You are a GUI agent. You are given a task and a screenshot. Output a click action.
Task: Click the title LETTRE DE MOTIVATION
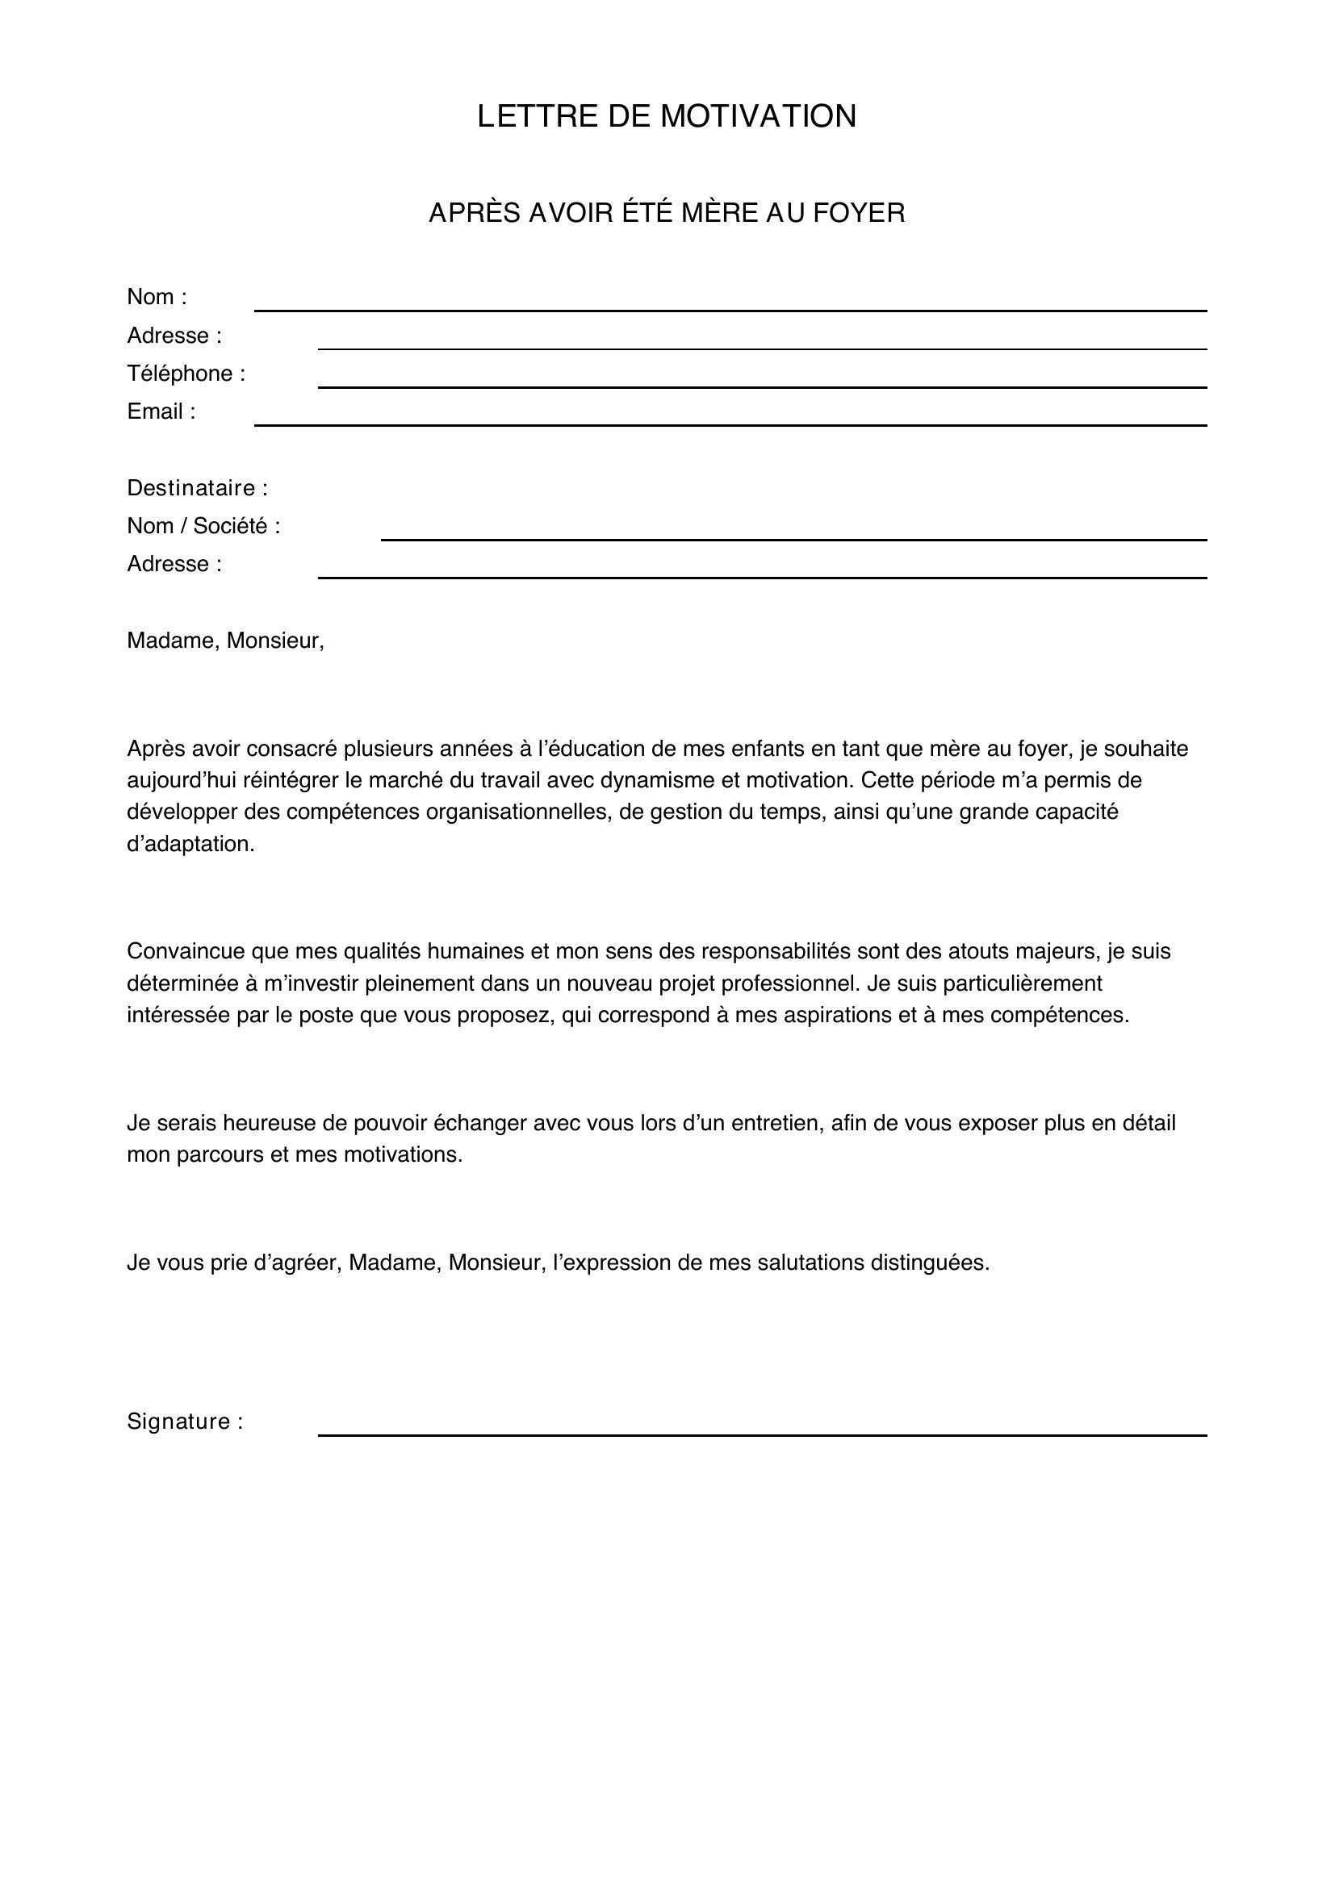pyautogui.click(x=667, y=117)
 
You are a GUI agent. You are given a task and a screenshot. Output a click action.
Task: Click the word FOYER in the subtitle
pyautogui.click(x=858, y=213)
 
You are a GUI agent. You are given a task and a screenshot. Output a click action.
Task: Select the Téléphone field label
pyautogui.click(x=186, y=374)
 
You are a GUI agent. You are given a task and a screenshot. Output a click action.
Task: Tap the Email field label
pyautogui.click(x=161, y=411)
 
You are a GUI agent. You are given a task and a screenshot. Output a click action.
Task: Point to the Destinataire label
pyautogui.click(x=197, y=488)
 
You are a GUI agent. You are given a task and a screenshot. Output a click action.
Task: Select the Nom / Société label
pyautogui.click(x=203, y=526)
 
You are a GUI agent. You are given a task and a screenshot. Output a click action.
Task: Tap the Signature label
pyautogui.click(x=185, y=1422)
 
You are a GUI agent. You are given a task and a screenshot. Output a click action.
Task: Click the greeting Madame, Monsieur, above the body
pyautogui.click(x=225, y=641)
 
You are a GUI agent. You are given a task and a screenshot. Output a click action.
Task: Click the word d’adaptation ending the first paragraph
pyautogui.click(x=190, y=844)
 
